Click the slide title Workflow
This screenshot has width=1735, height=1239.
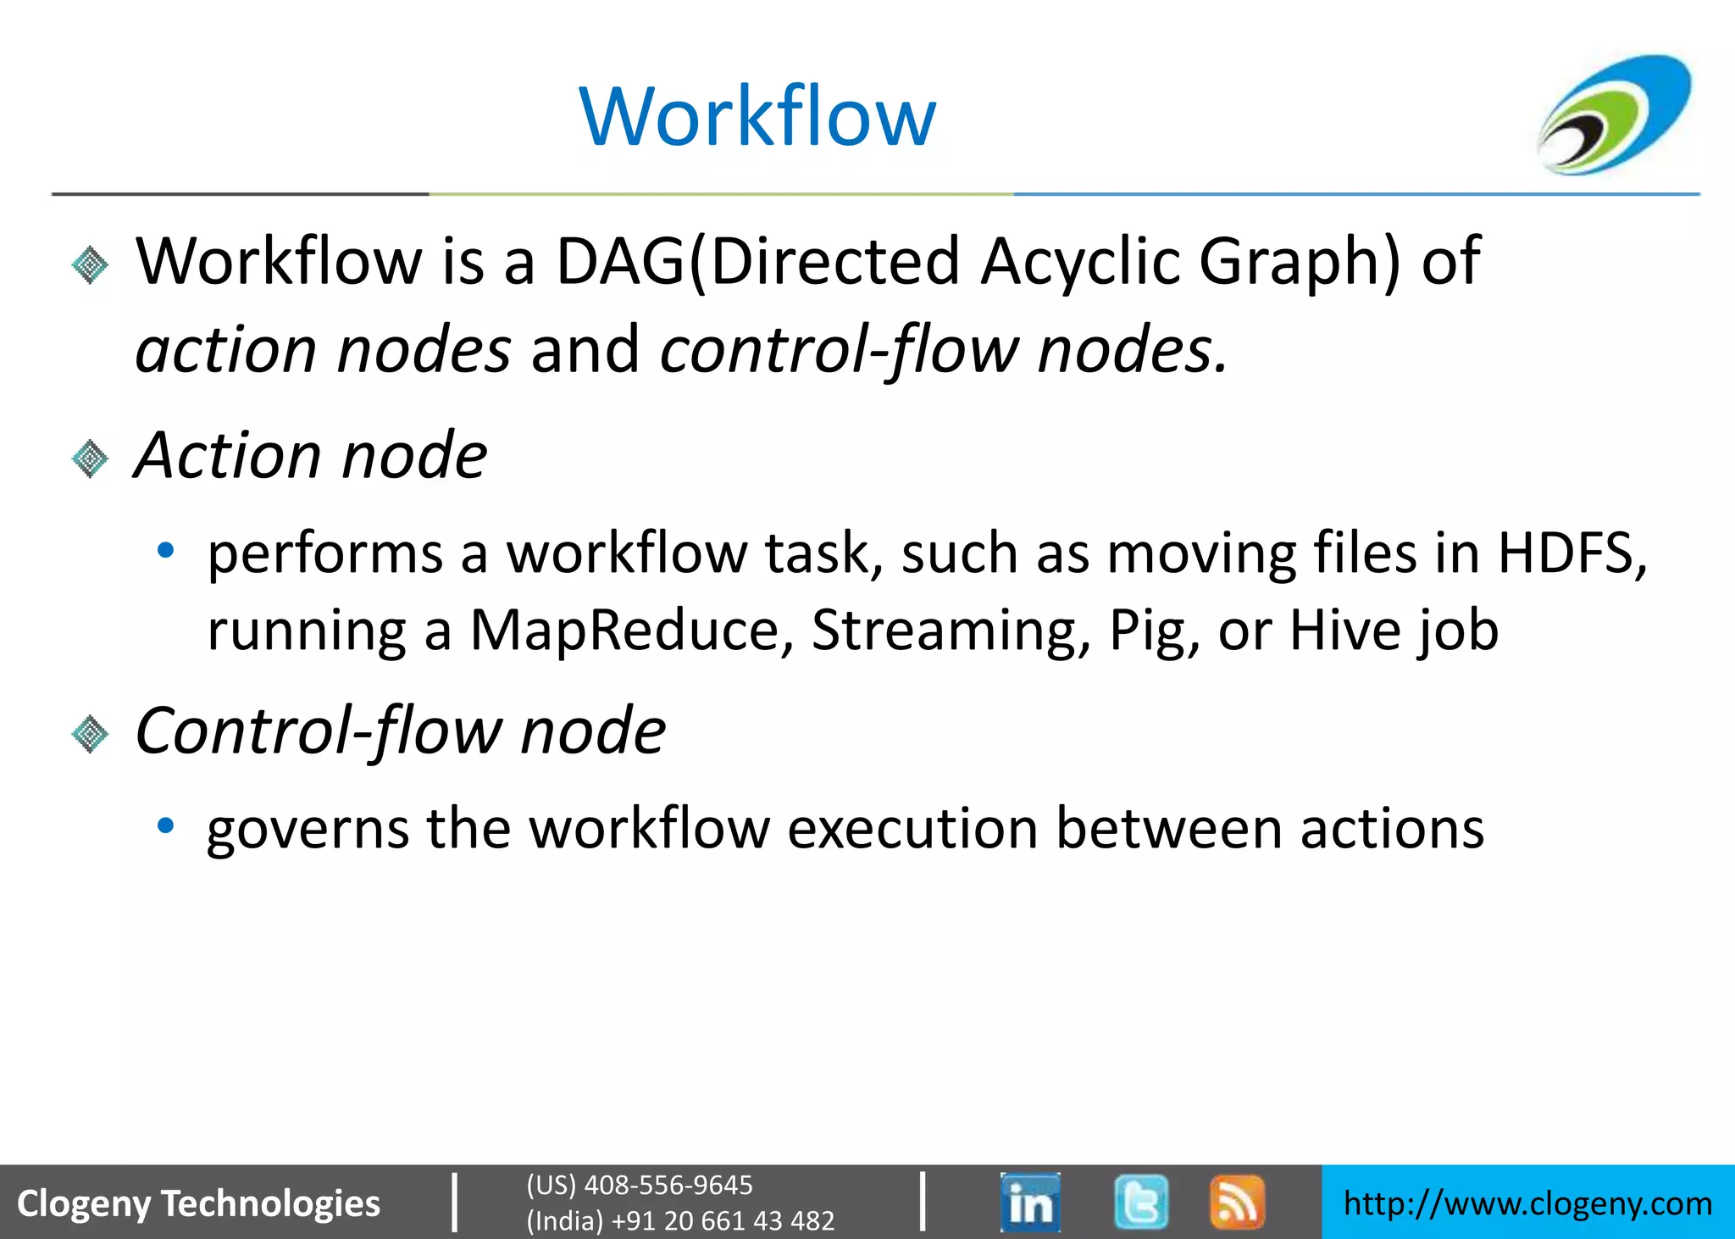757,117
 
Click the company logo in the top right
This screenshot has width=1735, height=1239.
1615,114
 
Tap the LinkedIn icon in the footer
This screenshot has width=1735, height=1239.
1030,1202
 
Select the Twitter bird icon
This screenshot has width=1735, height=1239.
1140,1202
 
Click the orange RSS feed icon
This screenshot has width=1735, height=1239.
1237,1202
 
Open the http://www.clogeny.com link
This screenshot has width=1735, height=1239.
1527,1203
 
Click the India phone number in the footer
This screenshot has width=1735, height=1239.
680,1220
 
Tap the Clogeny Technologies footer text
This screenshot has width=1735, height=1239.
198,1203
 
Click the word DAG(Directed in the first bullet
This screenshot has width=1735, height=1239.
757,262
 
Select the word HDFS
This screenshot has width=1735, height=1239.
1571,553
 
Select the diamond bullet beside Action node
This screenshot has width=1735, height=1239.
90,458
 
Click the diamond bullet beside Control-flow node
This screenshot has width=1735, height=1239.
90,733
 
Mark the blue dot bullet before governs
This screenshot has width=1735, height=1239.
166,825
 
